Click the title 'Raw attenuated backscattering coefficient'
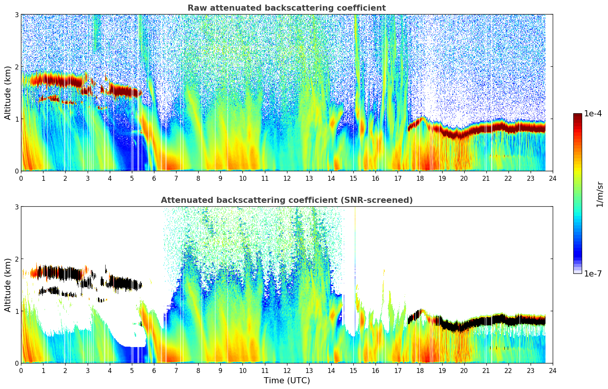[x=286, y=8]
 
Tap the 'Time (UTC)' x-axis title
[x=287, y=381]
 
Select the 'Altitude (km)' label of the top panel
[x=8, y=93]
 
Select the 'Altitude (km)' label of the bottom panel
[x=8, y=285]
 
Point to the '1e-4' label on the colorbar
[x=593, y=114]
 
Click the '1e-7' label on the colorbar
[x=593, y=273]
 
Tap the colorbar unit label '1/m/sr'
[x=600, y=194]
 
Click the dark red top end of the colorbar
[x=578, y=115]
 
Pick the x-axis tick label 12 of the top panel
[x=287, y=178]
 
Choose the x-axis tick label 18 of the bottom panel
[x=420, y=371]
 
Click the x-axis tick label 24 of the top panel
[x=552, y=178]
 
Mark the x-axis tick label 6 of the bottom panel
[x=154, y=371]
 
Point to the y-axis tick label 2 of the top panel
[x=16, y=67]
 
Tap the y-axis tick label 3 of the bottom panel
[x=16, y=207]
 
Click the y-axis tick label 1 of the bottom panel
[x=16, y=311]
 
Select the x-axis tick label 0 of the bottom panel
[x=21, y=371]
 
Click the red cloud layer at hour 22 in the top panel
[x=508, y=127]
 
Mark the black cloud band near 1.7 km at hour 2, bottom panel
[x=65, y=273]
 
